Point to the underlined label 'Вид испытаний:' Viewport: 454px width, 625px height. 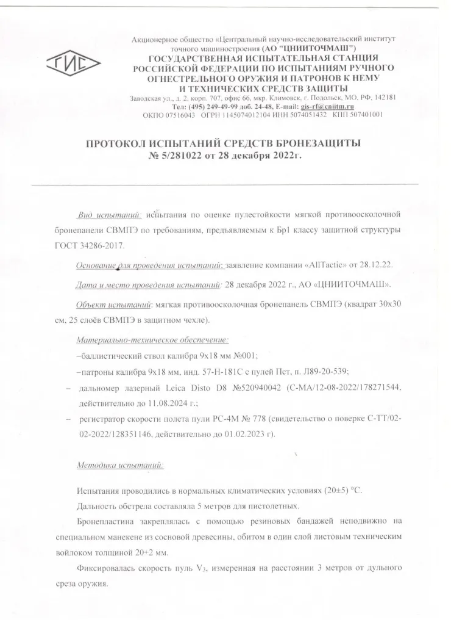109,215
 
